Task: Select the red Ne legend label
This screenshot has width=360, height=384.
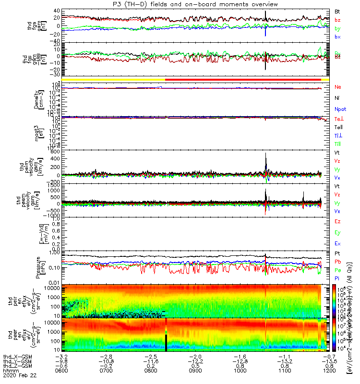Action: (337, 86)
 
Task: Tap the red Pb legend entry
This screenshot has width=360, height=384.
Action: (337, 262)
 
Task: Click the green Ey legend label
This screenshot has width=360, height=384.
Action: (337, 233)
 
